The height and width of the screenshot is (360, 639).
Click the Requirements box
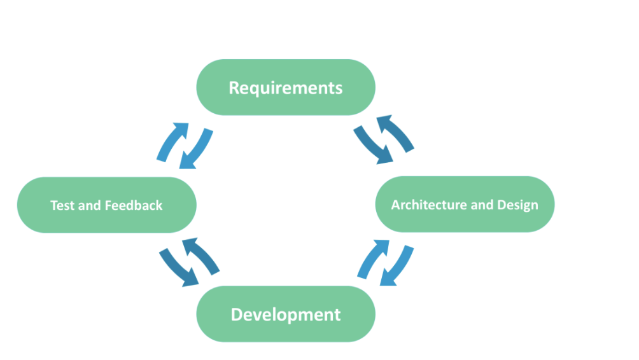click(x=285, y=87)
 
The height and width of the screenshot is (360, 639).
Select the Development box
click(x=285, y=314)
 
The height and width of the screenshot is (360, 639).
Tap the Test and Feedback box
click(x=106, y=205)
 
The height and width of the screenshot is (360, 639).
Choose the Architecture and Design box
click(x=465, y=204)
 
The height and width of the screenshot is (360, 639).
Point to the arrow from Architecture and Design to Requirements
click(x=395, y=134)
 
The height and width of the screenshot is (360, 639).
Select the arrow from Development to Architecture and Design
click(x=373, y=259)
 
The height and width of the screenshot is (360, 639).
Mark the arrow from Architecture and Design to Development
click(x=396, y=267)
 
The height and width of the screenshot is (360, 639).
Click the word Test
click(x=62, y=205)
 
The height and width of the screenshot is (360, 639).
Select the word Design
click(x=517, y=205)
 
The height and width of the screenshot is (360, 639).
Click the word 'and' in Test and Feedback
click(x=90, y=205)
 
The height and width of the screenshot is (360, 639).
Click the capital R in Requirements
click(x=234, y=88)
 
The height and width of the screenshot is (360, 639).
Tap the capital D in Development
click(x=237, y=314)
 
